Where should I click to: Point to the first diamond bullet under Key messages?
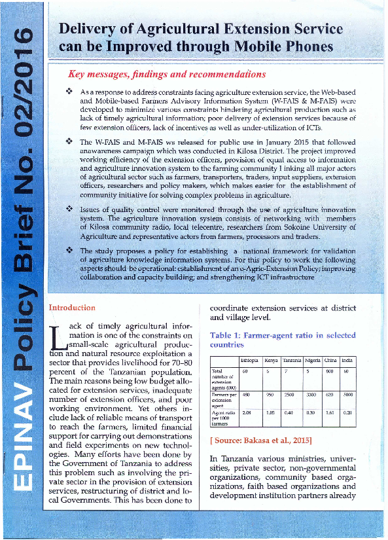[x=69, y=94]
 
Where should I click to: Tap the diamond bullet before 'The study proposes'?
[x=69, y=251]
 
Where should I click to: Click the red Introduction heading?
[x=72, y=308]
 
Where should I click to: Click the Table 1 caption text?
[x=282, y=340]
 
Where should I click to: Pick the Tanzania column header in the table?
[x=292, y=361]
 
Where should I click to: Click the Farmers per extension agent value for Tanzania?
[x=292, y=395]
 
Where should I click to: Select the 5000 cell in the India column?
[x=348, y=395]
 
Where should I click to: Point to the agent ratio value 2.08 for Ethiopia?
[x=247, y=414]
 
